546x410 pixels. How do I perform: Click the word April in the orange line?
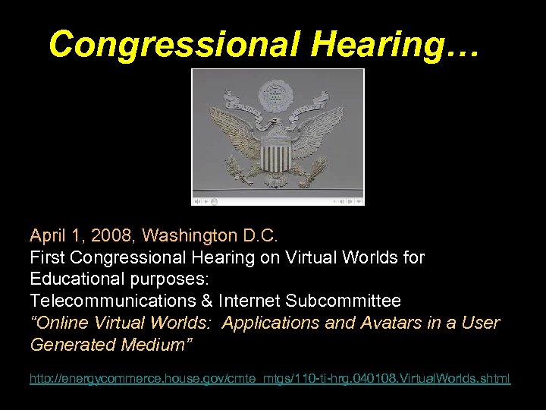click(x=49, y=235)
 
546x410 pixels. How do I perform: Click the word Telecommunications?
click(x=115, y=301)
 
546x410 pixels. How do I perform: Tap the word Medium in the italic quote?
click(x=154, y=345)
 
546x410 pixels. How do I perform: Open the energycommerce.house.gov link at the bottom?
click(x=270, y=378)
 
